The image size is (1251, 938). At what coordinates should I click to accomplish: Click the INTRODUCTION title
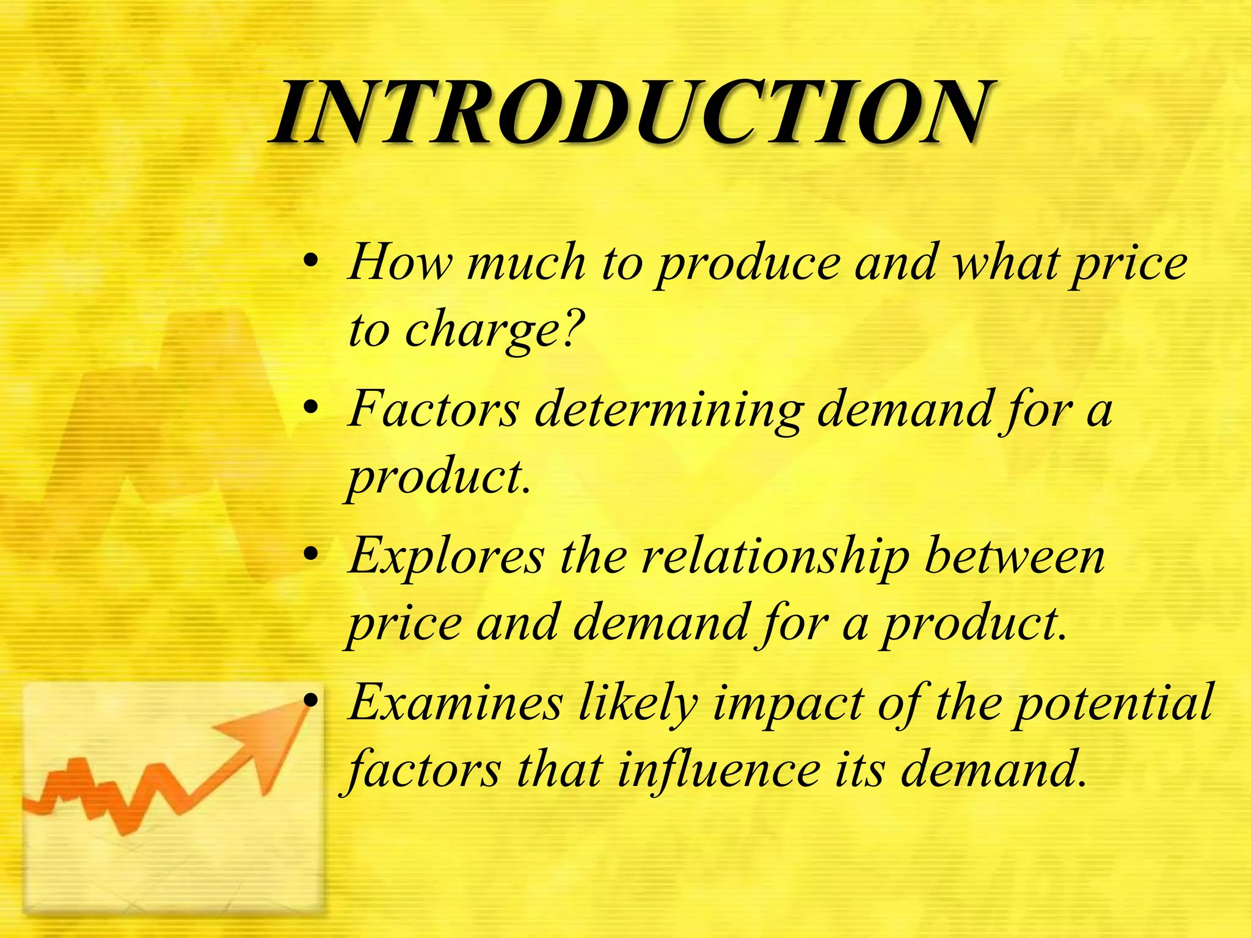pos(632,113)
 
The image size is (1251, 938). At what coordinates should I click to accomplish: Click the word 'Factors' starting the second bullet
pos(434,409)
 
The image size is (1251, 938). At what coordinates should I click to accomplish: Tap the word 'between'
pos(1014,556)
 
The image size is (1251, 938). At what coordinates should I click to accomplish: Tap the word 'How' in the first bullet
pos(400,263)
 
